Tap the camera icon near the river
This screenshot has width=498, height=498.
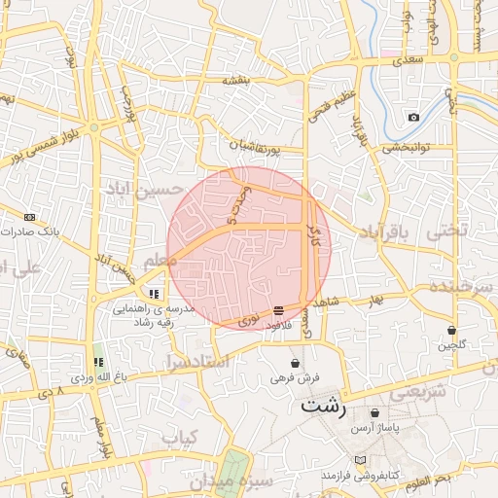(413, 117)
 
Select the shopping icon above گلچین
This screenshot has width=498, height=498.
(452, 330)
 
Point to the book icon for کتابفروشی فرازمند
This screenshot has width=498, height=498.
(361, 459)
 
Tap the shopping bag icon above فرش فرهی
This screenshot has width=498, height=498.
(295, 363)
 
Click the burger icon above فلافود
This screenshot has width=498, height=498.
(279, 309)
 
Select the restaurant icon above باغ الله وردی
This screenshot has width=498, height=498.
(97, 362)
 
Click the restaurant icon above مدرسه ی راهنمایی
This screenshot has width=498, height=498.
(154, 293)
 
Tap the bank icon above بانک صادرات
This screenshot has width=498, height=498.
(30, 217)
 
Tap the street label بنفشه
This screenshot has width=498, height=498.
(239, 82)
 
